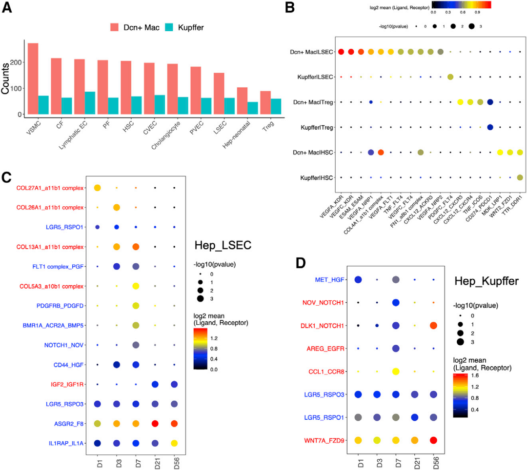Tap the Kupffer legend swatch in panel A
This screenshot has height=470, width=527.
[168, 27]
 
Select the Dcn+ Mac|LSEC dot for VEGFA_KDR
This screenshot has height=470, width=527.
[342, 52]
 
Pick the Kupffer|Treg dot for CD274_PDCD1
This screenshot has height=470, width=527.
[490, 127]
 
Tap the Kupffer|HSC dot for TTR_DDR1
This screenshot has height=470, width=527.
[520, 177]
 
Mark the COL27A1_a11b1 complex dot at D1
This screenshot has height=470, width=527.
[97, 188]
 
